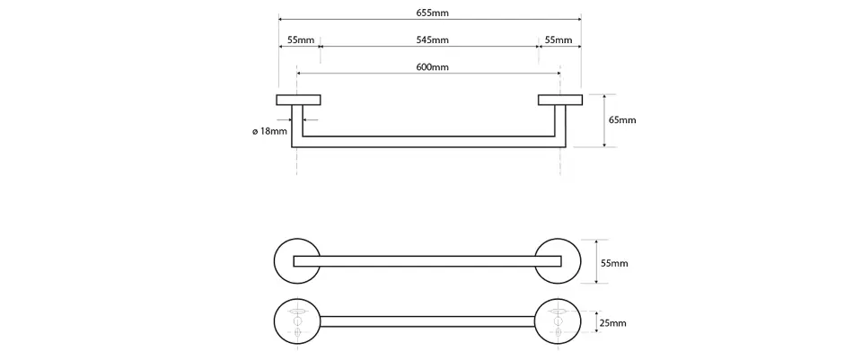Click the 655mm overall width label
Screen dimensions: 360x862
click(430, 12)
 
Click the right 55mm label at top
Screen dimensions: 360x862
click(558, 40)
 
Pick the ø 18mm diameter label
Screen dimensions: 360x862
click(269, 132)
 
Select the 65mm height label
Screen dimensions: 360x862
click(621, 120)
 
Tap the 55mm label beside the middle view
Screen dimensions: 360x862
click(613, 263)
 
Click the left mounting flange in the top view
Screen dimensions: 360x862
click(299, 100)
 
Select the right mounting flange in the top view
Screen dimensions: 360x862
click(559, 100)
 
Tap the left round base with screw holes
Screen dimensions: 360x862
click(296, 321)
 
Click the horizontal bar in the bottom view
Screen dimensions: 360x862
click(428, 321)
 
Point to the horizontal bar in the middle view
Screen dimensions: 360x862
click(428, 261)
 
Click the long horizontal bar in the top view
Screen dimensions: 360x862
click(430, 141)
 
